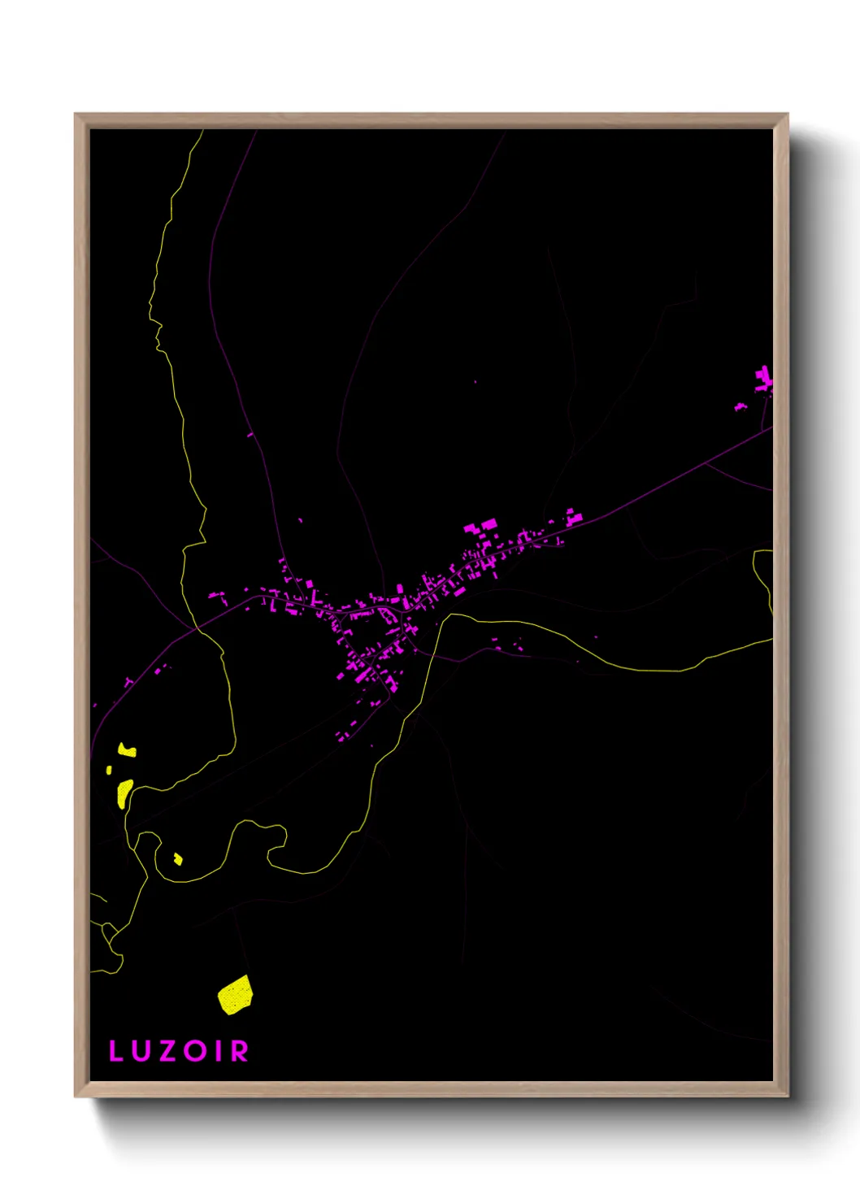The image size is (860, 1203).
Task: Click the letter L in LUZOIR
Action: tap(115, 1051)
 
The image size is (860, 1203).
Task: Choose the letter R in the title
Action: tap(239, 1051)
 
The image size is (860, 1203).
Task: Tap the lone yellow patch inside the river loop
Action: tap(178, 858)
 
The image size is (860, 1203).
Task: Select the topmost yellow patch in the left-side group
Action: tap(127, 750)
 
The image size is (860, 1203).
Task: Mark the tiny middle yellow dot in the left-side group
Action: tap(109, 770)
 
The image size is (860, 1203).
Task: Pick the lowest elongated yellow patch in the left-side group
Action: tap(124, 793)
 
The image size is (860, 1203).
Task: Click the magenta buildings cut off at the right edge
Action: tap(764, 380)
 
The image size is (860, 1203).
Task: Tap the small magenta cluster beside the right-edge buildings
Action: tap(741, 406)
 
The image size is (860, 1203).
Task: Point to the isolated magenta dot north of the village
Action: tap(476, 381)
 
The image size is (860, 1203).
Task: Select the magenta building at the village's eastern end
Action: tap(574, 517)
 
